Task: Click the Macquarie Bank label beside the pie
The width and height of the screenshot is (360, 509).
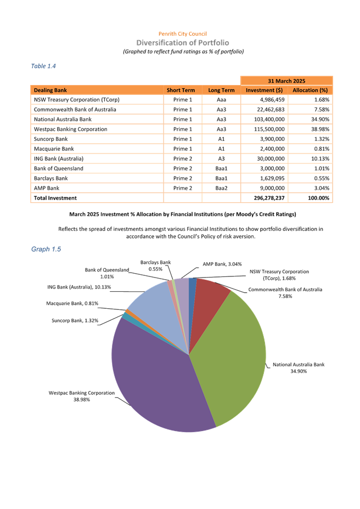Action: click(x=72, y=303)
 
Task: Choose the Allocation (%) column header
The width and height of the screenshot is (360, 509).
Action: click(x=310, y=90)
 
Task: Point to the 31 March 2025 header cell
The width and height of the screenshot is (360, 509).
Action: click(x=286, y=80)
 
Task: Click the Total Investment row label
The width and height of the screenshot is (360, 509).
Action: click(x=55, y=197)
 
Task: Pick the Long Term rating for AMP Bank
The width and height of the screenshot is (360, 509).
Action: click(x=221, y=188)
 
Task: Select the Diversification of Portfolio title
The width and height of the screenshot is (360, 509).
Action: click(x=183, y=42)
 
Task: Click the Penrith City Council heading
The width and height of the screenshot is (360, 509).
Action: click(x=182, y=34)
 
